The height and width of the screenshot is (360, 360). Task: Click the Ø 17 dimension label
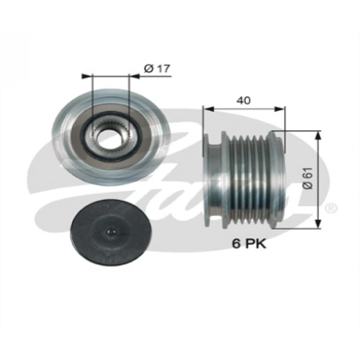tap(157, 69)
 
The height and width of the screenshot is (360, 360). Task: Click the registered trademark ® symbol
tap(332, 208)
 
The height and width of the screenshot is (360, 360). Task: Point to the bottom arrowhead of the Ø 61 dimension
tap(318, 225)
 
